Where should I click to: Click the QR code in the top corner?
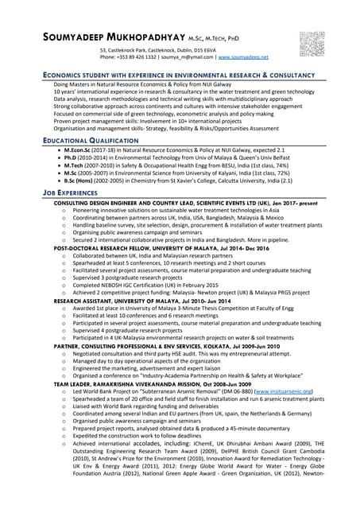[312, 43]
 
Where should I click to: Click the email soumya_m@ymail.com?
[188, 57]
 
